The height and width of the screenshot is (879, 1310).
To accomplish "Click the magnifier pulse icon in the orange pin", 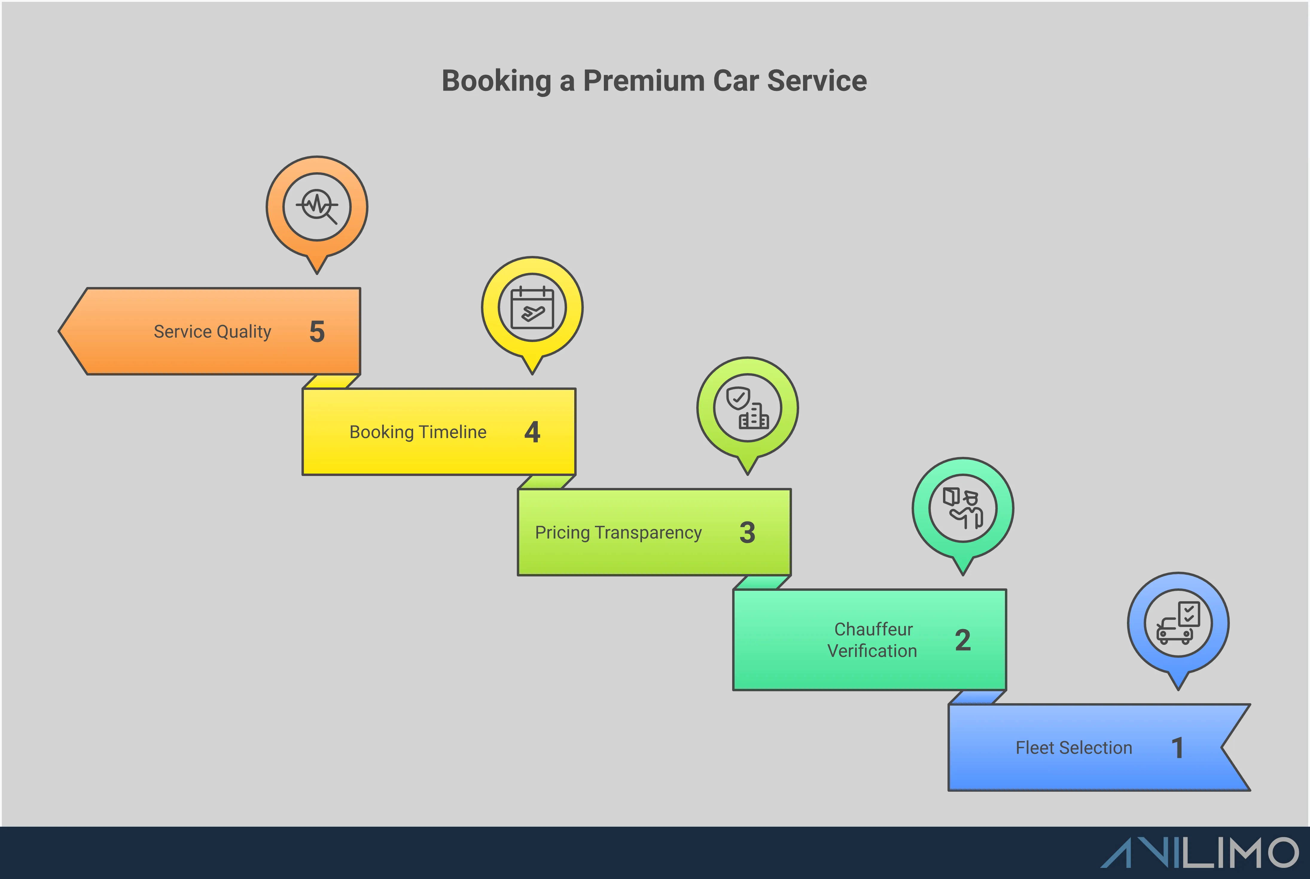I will point(317,206).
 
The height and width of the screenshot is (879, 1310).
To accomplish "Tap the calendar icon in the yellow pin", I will point(532,307).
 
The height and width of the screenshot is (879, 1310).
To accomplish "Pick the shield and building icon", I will point(747,408).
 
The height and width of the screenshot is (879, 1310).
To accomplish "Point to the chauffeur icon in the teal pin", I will point(962,508).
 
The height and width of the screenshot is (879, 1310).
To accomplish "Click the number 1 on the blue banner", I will point(1177,748).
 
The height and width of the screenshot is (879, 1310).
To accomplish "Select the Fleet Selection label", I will point(1074,748).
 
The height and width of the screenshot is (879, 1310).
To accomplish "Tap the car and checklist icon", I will point(1178,623).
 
